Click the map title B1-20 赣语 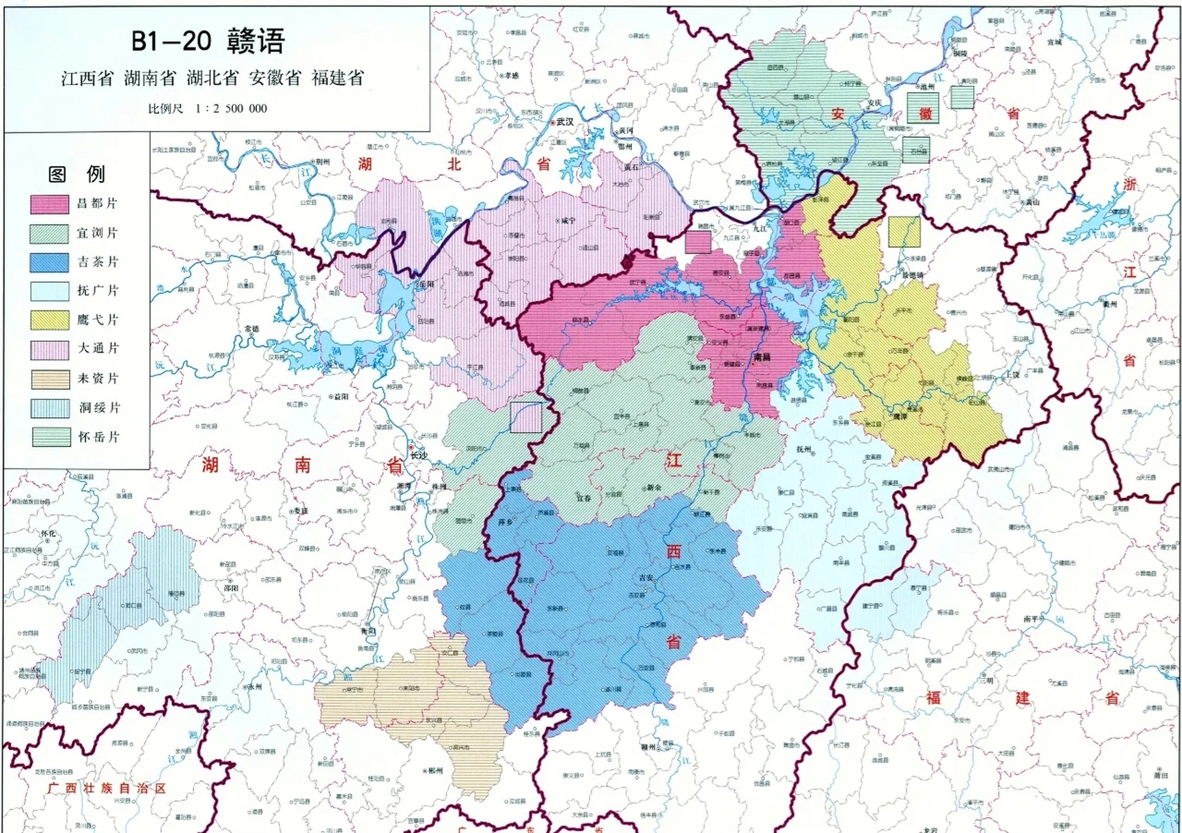tap(208, 41)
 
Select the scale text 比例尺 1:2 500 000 tap(208, 109)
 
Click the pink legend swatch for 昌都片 tap(49, 204)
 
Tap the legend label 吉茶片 tap(98, 262)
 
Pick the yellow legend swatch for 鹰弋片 tap(49, 320)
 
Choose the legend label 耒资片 tap(98, 378)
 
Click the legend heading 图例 tap(77, 174)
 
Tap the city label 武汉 tap(564, 122)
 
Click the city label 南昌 tap(762, 357)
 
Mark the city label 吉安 tap(646, 577)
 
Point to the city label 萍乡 tap(506, 522)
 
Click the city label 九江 tap(760, 228)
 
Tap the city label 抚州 tap(804, 449)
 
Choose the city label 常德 tap(251, 329)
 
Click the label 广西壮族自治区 tap(107, 788)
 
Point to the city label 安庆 tap(874, 103)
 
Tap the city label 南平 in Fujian tap(1031, 619)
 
